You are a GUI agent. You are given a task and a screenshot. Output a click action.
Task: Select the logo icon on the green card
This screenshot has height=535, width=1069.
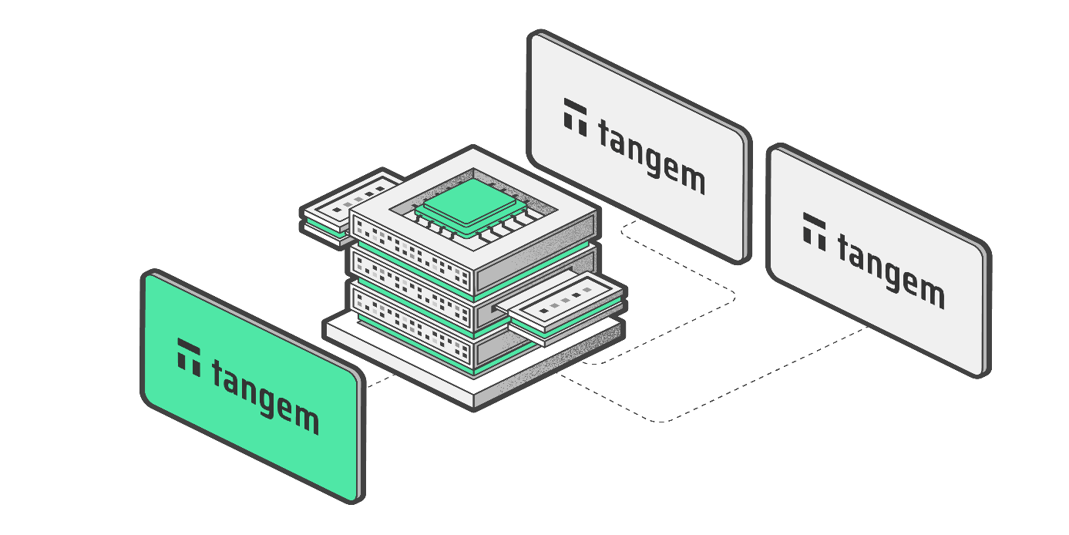189,356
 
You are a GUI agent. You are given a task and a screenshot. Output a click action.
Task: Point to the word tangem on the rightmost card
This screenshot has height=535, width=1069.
890,270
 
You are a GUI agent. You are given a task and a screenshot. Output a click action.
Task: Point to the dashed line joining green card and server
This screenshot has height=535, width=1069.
382,379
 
